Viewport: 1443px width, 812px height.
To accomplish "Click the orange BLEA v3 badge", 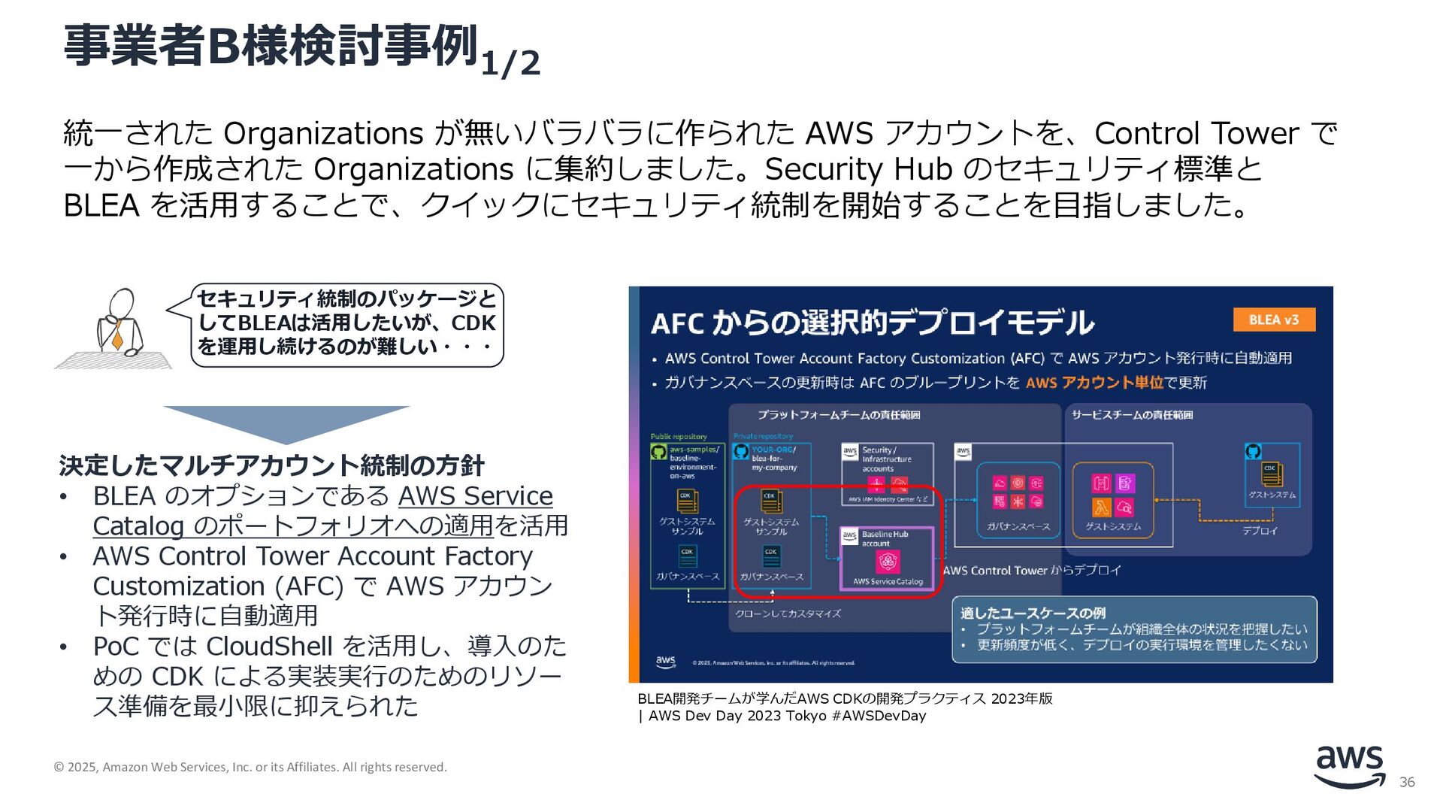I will coord(1274,320).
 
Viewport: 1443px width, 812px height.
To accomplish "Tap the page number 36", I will coord(1407,783).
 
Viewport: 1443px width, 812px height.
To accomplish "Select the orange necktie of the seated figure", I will coord(116,334).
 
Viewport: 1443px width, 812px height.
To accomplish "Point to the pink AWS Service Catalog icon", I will coord(888,562).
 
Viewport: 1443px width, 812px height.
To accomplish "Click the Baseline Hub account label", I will coord(885,538).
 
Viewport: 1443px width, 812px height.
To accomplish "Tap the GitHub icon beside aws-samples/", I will coord(659,452).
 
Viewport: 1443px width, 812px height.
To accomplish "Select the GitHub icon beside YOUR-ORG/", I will coord(741,452).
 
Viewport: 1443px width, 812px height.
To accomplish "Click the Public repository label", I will coord(679,436).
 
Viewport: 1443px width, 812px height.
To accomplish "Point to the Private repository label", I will coord(763,436).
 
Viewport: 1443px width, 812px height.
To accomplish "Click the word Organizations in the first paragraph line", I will coord(324,134).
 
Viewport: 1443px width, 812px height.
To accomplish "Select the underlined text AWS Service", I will coord(475,496).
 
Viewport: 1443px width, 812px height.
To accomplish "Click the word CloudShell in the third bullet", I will coord(269,647).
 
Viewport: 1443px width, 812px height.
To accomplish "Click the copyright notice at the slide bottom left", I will coord(250,767).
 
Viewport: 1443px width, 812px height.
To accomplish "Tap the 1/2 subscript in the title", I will coord(510,63).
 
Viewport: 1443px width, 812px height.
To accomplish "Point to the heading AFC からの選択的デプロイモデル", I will coord(872,323).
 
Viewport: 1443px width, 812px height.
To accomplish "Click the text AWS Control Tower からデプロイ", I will coord(1031,571).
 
